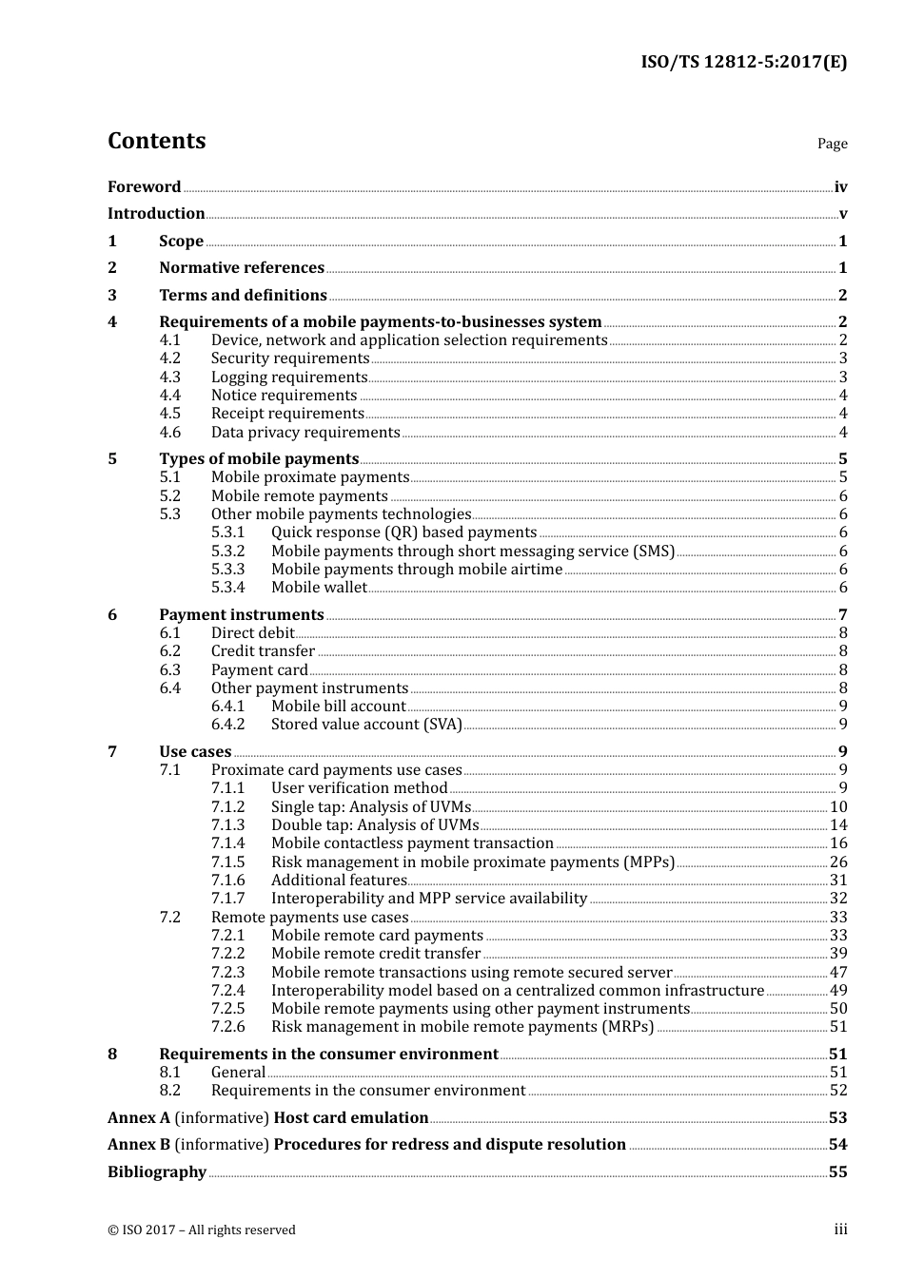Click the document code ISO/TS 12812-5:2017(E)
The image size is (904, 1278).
pyautogui.click(x=743, y=63)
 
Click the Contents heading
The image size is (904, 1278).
pyautogui.click(x=156, y=141)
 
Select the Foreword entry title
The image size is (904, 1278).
pyautogui.click(x=144, y=187)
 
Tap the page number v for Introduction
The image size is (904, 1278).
pyautogui.click(x=842, y=214)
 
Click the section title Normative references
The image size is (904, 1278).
pyautogui.click(x=242, y=268)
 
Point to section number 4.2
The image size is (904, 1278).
pyautogui.click(x=169, y=358)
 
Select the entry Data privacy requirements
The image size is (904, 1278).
pyautogui.click(x=305, y=433)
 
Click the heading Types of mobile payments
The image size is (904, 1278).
pyautogui.click(x=259, y=459)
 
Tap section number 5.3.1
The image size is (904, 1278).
pyautogui.click(x=227, y=532)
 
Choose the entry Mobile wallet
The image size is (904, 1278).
pyautogui.click(x=319, y=588)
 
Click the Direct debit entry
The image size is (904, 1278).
pyautogui.click(x=253, y=633)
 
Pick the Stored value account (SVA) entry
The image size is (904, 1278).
pyautogui.click(x=366, y=725)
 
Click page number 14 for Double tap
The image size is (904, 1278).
pyautogui.click(x=838, y=825)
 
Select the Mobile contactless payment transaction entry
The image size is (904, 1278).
pyautogui.click(x=412, y=843)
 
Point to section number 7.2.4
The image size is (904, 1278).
pyautogui.click(x=227, y=991)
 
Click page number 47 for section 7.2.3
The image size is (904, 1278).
pyautogui.click(x=838, y=973)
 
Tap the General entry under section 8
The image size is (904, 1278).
pyautogui.click(x=238, y=1073)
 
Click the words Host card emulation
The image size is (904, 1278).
pyautogui.click(x=351, y=1118)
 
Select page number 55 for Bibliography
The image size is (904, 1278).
pyautogui.click(x=837, y=1172)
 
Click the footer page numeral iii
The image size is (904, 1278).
pyautogui.click(x=840, y=1230)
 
